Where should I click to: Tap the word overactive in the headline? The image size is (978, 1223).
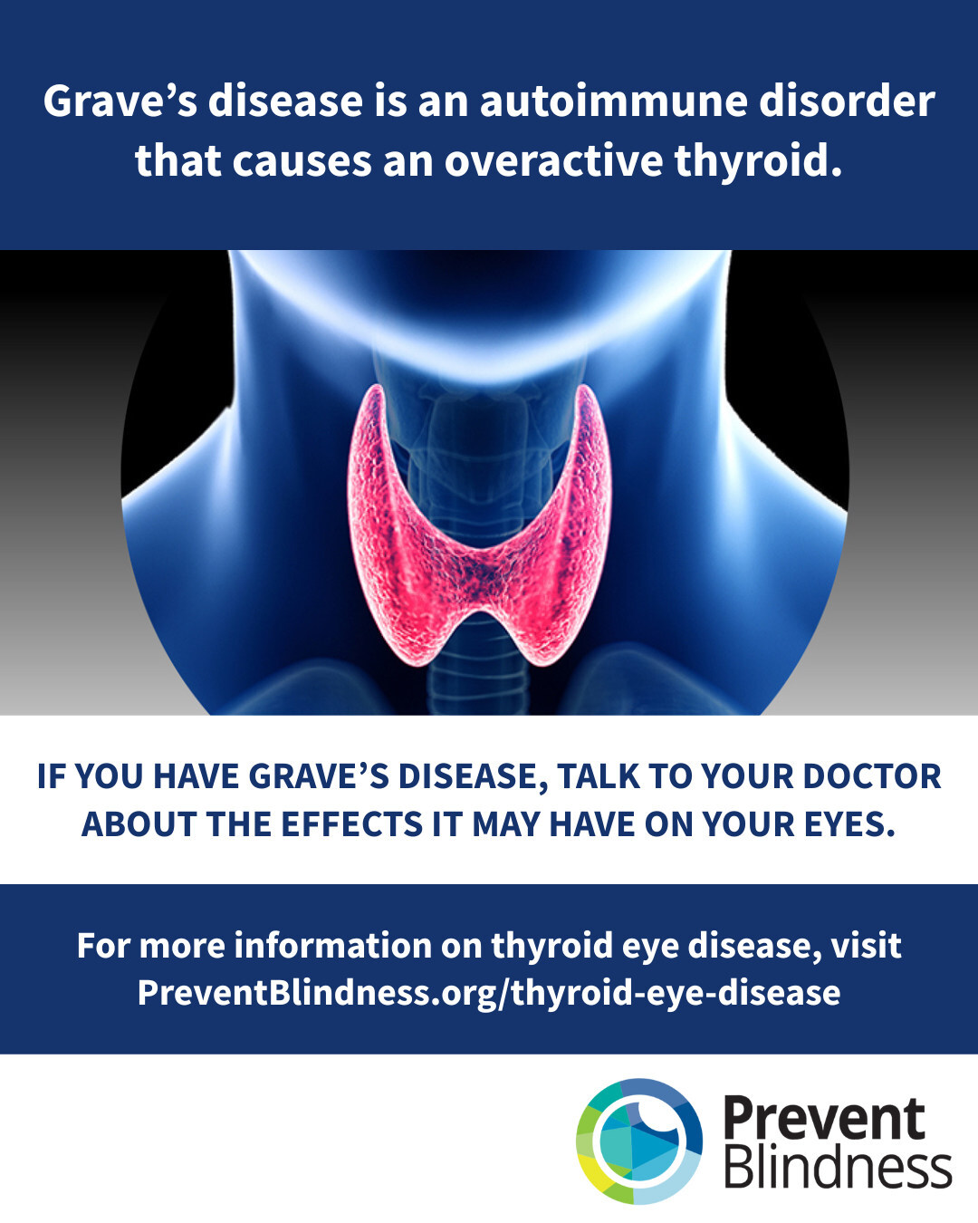pyautogui.click(x=553, y=161)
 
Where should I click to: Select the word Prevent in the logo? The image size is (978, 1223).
pyautogui.click(x=824, y=1119)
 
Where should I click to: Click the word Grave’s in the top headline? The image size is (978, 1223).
pyautogui.click(x=120, y=101)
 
